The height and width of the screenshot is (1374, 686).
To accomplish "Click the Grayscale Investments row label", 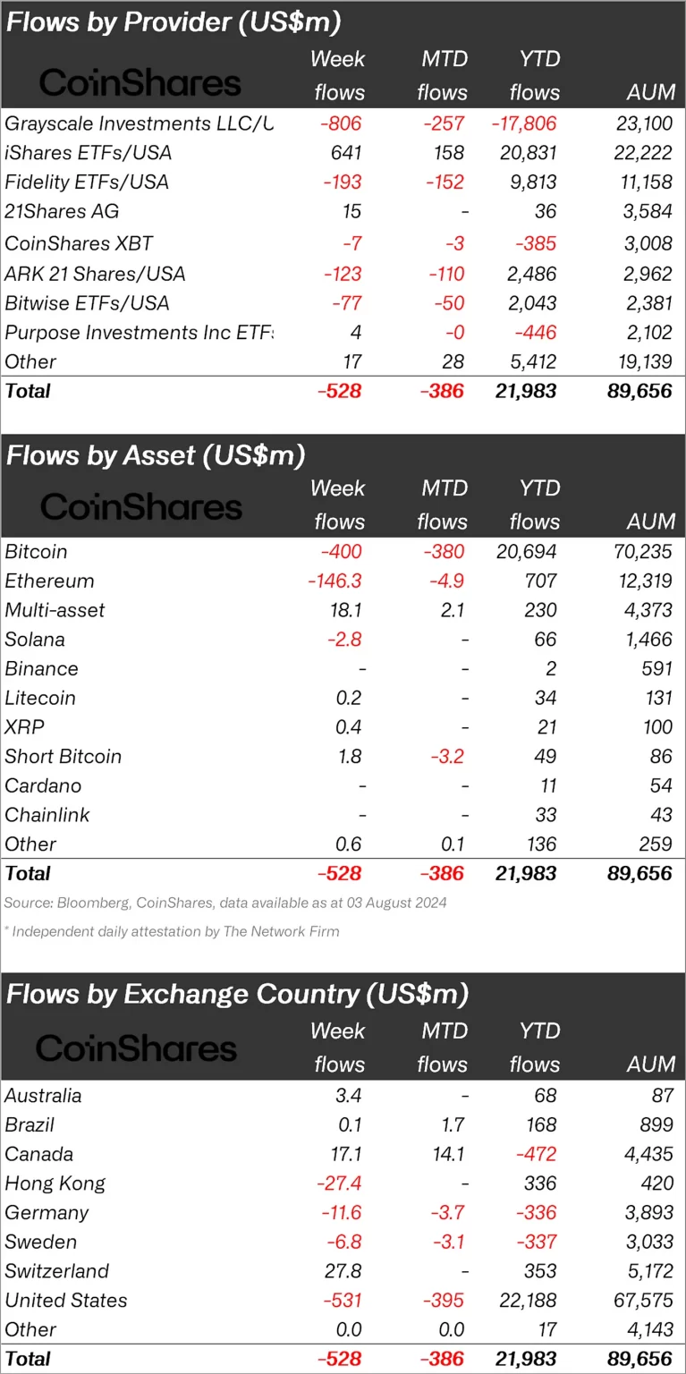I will [x=139, y=123].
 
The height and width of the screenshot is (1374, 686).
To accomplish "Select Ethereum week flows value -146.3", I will [x=334, y=581].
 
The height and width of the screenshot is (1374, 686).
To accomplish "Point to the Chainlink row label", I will [x=47, y=815].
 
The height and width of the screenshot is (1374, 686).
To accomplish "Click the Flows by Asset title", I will [x=156, y=455].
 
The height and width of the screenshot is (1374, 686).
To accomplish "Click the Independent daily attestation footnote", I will [x=172, y=931].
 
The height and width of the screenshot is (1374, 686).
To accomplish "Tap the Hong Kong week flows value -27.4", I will [x=339, y=1183].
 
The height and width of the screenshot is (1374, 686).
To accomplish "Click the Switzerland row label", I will [x=57, y=1271].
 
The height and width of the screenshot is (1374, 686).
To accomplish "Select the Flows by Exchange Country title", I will [x=238, y=994].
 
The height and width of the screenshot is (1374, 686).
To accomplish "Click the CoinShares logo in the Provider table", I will [x=140, y=83].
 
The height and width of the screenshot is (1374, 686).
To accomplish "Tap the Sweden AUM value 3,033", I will [x=644, y=1242].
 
